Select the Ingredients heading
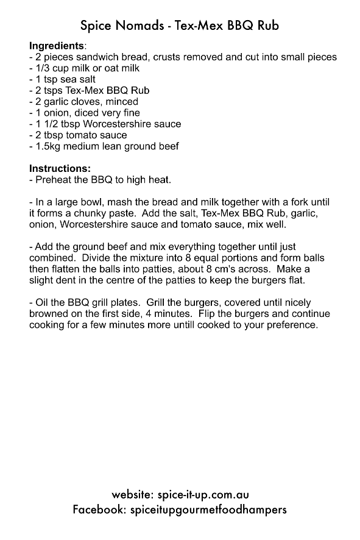click(57, 46)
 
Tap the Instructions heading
click(60, 168)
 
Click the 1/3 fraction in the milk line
click(42, 68)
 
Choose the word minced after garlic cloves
click(121, 102)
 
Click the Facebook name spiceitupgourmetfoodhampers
click(208, 509)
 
